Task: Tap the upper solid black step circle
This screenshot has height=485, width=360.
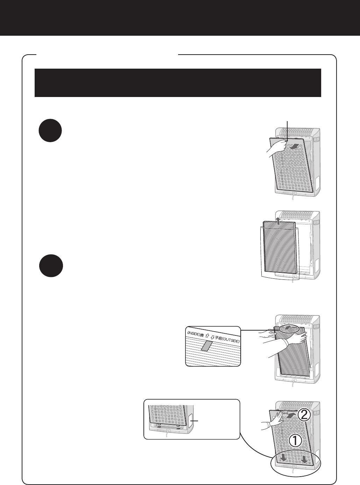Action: [50, 131]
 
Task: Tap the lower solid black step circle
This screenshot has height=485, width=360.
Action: [51, 266]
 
